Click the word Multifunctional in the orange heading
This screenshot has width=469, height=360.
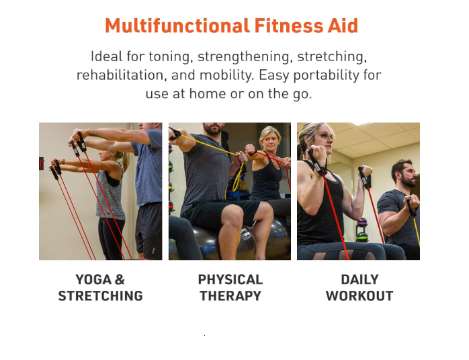(x=177, y=26)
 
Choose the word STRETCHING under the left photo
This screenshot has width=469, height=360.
(x=101, y=296)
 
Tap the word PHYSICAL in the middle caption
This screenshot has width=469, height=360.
(x=230, y=280)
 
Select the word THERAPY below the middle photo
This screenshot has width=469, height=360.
(x=230, y=296)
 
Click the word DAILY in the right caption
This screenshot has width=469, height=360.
(x=360, y=280)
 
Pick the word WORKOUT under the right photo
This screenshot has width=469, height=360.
(x=359, y=296)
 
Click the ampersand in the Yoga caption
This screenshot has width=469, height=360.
(x=120, y=280)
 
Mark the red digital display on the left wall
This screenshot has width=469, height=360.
(x=41, y=163)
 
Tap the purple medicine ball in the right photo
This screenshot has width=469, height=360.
(x=362, y=222)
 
